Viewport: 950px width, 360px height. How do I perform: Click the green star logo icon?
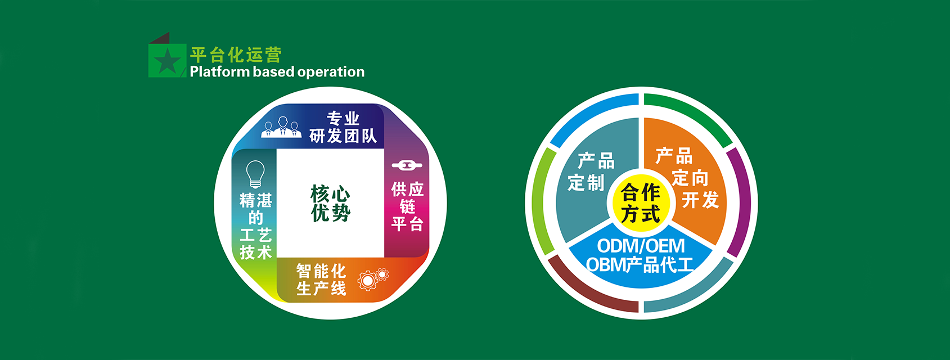167,60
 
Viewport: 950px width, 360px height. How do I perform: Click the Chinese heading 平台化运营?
236,55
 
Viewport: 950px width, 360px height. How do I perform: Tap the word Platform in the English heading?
220,71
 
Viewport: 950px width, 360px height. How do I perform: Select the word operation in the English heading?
331,72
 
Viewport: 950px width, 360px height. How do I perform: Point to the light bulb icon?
255,174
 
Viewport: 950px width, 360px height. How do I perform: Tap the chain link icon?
407,165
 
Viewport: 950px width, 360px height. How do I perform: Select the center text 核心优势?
330,203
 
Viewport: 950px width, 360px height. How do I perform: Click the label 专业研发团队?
343,127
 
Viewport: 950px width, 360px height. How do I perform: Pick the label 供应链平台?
407,206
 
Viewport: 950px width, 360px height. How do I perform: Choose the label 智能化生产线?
321,280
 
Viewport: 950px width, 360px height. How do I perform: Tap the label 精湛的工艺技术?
255,226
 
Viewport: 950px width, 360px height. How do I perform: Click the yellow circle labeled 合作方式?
641,202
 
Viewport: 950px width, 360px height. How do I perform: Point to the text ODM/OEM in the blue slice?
641,246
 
